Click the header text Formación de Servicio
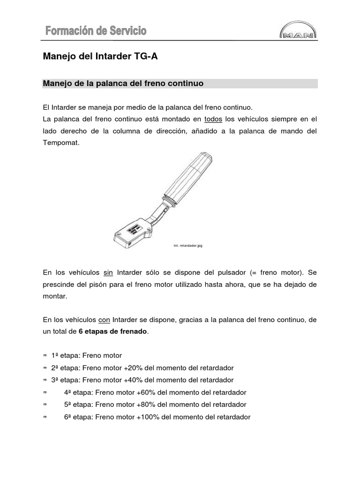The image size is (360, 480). [x=96, y=31]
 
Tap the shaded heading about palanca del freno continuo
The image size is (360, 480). [x=123, y=84]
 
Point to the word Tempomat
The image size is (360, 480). [x=61, y=143]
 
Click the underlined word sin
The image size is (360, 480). [x=108, y=272]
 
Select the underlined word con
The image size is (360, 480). [x=104, y=319]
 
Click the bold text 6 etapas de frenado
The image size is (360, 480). [x=113, y=331]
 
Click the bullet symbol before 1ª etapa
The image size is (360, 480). [x=45, y=355]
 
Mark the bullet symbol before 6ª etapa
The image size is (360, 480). [x=45, y=417]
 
